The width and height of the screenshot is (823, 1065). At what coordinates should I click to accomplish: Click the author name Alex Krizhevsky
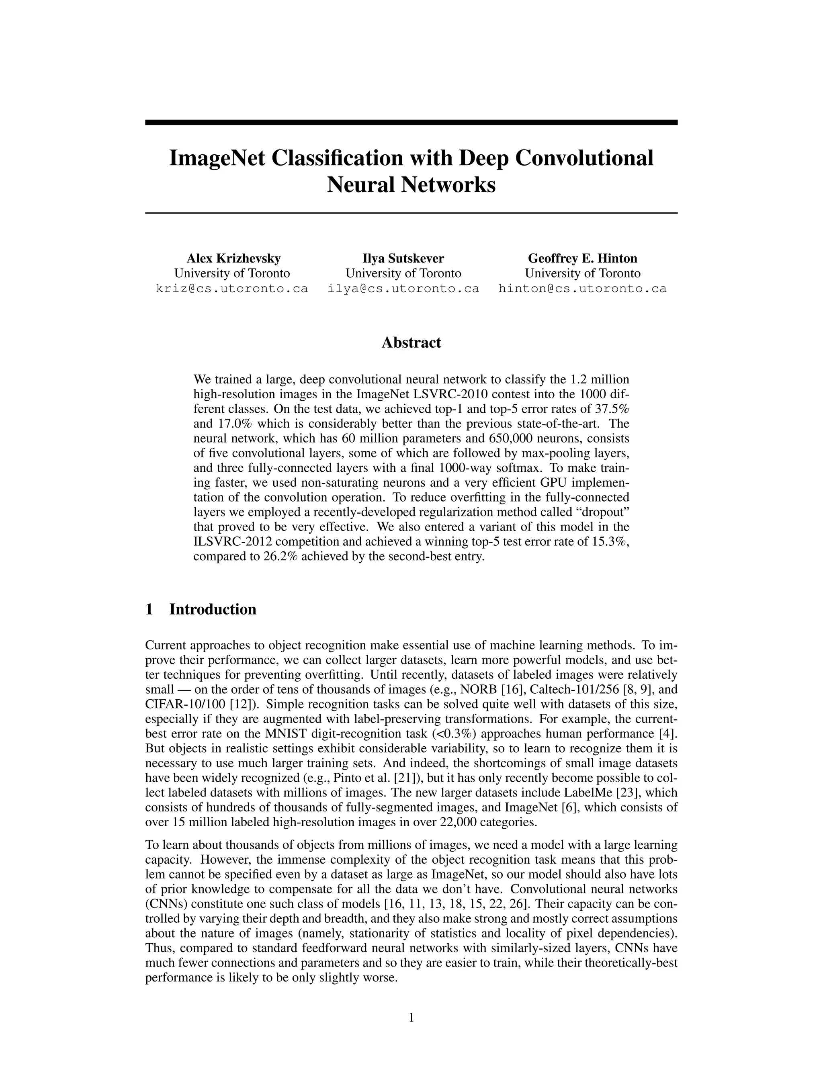(x=233, y=258)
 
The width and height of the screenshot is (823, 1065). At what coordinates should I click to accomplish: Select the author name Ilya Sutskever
(x=403, y=258)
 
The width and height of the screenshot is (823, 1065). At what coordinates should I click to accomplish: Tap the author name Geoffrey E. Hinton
(x=583, y=258)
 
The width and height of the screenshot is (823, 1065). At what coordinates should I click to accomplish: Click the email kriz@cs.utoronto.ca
(x=232, y=289)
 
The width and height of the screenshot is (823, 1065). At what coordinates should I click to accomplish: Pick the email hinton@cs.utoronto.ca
(x=583, y=289)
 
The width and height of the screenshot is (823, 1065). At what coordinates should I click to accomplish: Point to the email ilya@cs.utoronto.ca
(x=403, y=289)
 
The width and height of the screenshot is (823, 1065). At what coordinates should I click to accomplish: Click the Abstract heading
(x=411, y=342)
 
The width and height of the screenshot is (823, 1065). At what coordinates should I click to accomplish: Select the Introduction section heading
(x=213, y=610)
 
